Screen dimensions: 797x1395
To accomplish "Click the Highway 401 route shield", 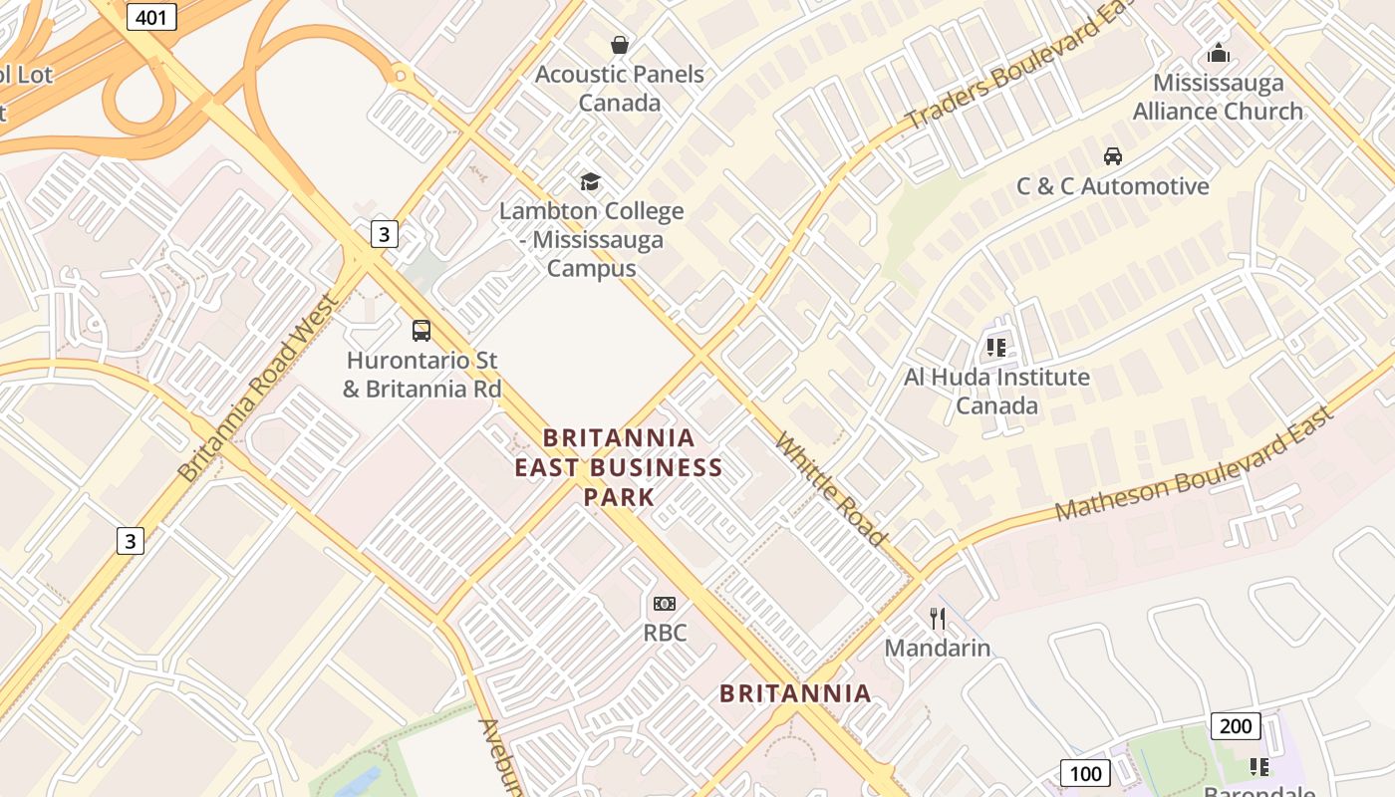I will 151,16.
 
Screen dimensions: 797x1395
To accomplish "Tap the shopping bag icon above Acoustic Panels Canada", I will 620,45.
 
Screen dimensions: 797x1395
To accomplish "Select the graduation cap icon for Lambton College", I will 591,181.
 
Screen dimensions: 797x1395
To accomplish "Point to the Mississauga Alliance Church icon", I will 1218,53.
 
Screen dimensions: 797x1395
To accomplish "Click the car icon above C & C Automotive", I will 1113,156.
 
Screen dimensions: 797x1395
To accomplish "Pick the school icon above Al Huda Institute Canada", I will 995,348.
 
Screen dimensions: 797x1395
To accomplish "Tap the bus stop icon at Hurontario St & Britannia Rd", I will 421,331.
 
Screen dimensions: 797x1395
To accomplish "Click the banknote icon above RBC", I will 665,604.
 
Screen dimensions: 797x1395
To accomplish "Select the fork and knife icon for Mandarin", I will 938,619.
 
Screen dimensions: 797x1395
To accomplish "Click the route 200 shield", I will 1236,726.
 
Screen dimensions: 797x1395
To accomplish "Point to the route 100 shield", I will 1085,773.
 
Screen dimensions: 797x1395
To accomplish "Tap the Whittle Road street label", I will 830,489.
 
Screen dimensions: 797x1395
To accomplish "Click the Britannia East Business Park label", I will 619,467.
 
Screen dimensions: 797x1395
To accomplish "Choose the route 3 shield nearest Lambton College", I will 384,235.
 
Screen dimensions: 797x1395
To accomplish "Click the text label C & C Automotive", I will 1112,186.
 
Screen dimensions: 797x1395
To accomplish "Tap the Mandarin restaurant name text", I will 938,649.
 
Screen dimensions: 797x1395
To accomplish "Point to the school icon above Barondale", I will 1259,767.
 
